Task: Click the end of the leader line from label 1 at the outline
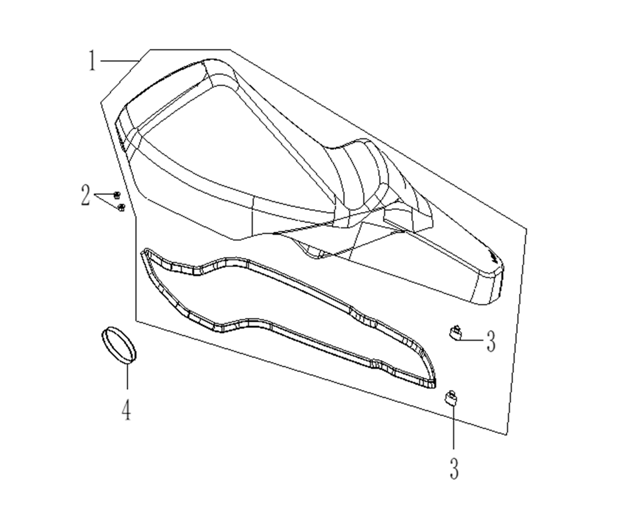pyautogui.click(x=140, y=60)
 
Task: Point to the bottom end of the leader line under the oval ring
pyautogui.click(x=127, y=389)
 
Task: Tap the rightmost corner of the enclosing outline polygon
pyautogui.click(x=527, y=229)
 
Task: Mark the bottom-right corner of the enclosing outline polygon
pyautogui.click(x=507, y=435)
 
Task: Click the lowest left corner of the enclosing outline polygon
pyautogui.click(x=136, y=321)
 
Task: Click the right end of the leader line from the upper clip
pyautogui.click(x=483, y=340)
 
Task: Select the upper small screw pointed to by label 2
pyautogui.click(x=117, y=195)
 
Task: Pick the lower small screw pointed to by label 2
pyautogui.click(x=121, y=207)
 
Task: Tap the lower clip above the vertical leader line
pyautogui.click(x=450, y=397)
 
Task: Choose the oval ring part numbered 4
pyautogui.click(x=117, y=345)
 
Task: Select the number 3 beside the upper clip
pyautogui.click(x=491, y=341)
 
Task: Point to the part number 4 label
pyautogui.click(x=126, y=410)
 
